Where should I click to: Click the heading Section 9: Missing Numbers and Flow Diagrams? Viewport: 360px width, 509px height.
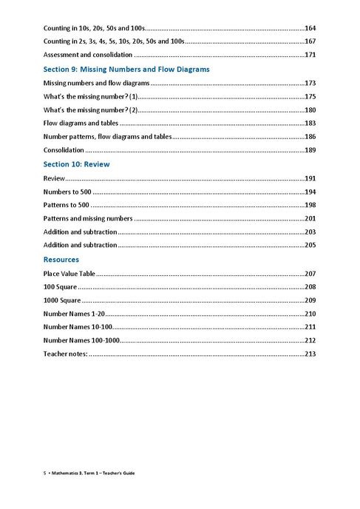[x=126, y=69]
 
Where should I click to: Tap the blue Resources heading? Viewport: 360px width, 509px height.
[x=61, y=260]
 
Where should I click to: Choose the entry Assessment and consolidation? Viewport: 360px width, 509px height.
[x=88, y=55]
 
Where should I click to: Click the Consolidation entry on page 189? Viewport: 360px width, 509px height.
[x=64, y=150]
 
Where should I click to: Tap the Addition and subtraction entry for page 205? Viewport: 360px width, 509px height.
[x=80, y=245]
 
